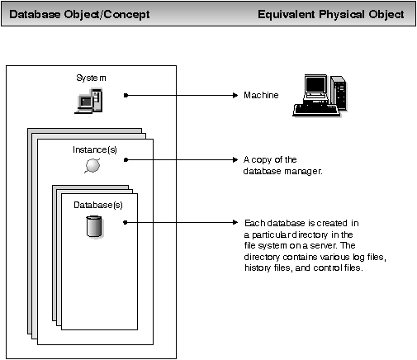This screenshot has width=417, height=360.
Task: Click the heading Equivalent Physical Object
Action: [330, 15]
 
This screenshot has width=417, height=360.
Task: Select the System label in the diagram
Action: [90, 78]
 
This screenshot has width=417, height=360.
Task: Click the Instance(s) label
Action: [90, 151]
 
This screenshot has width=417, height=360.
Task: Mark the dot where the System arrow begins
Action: [125, 96]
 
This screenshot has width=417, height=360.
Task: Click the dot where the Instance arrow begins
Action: [125, 159]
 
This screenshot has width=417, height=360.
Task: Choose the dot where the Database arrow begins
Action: [125, 223]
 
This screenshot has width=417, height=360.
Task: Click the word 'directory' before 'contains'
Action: [263, 258]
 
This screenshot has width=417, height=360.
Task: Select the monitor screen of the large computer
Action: [315, 87]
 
